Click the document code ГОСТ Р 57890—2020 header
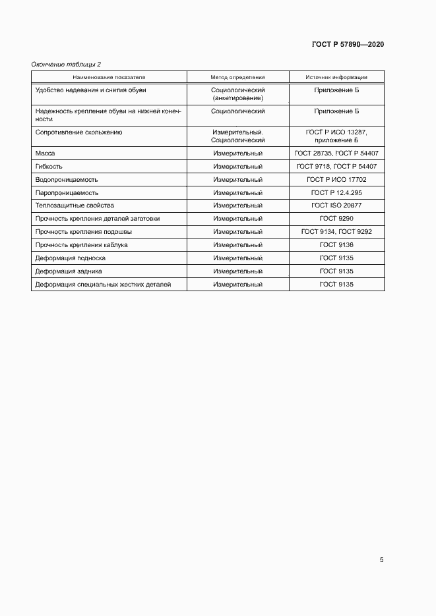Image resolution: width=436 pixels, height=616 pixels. coord(348,44)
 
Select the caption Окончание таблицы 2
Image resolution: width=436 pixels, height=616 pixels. coord(67,64)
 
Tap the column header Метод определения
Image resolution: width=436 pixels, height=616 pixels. coord(237,77)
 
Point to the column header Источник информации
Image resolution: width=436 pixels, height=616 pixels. coord(336,77)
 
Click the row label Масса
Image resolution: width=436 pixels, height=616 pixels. coord(45,153)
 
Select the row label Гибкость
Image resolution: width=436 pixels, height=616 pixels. coord(49,166)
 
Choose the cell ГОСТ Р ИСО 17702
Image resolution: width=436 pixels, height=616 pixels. coord(336,179)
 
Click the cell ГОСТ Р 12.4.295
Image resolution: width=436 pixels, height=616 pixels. coord(336,192)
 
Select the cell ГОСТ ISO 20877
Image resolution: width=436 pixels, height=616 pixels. coord(336,206)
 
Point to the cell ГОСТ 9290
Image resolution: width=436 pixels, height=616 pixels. coord(336,219)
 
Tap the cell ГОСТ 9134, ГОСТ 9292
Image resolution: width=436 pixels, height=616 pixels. coord(336,232)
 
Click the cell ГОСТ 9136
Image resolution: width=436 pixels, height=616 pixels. coord(336,245)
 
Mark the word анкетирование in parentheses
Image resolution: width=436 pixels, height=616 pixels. coord(237,98)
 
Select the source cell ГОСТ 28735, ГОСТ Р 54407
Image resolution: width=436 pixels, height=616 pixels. coord(336,153)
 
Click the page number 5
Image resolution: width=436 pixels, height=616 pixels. coord(381,560)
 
